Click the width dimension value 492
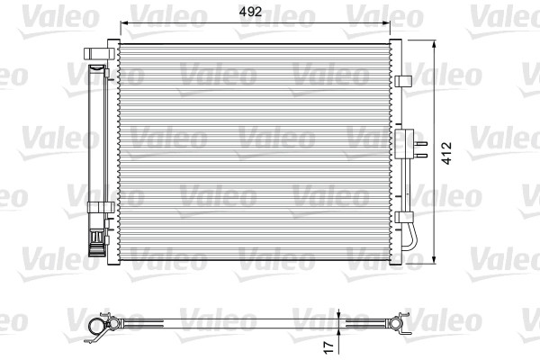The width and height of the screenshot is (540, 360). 250,12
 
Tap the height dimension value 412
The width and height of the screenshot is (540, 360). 446,153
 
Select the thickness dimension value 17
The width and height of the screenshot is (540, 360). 329,346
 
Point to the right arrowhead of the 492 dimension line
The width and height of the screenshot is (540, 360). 386,23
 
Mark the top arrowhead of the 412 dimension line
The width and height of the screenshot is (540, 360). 435,44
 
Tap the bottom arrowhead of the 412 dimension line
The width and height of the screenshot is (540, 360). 435,260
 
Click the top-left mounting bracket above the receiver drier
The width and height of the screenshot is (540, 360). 99,53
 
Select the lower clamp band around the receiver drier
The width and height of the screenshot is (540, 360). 101,207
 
